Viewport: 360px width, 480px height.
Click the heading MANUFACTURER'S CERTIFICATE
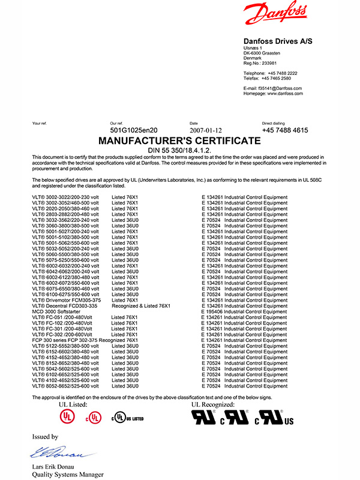[x=179, y=141]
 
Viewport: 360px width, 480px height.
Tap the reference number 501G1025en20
[x=134, y=130]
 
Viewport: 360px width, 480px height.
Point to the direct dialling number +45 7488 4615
[x=285, y=130]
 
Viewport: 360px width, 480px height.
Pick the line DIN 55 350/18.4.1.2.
[x=179, y=150]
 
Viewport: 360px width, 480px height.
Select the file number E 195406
[x=213, y=312]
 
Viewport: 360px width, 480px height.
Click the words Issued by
[x=45, y=437]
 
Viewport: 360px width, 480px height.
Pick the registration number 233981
[x=269, y=63]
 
